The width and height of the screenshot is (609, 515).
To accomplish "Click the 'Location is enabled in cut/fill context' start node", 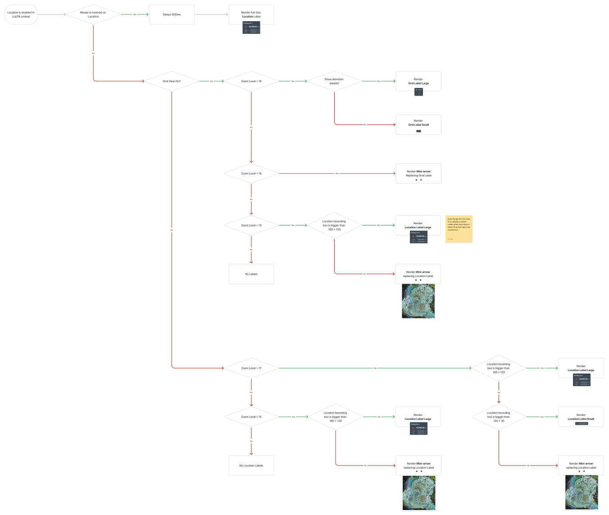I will [x=21, y=14].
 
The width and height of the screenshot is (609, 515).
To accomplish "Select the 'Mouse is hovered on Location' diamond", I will [x=93, y=14].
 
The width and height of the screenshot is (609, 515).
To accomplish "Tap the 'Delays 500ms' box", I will [x=172, y=14].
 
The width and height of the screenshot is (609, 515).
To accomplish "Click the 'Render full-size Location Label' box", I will [x=251, y=14].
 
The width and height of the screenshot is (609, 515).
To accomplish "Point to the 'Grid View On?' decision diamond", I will [x=172, y=81].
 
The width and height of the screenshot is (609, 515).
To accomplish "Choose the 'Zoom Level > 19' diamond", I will [x=251, y=81].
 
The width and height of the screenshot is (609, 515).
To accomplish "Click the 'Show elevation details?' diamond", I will [x=334, y=81].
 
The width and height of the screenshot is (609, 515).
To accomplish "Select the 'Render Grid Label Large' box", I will [x=418, y=81].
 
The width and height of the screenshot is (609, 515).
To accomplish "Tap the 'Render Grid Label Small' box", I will [x=418, y=124].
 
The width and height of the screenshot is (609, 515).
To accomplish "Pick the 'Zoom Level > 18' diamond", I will [x=251, y=173].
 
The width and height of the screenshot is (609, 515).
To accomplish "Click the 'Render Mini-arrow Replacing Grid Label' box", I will [x=418, y=173].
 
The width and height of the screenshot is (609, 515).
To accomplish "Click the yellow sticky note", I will [x=459, y=229].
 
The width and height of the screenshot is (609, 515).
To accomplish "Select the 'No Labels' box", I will [x=251, y=274].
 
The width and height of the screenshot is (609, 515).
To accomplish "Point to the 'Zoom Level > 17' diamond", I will [x=251, y=368].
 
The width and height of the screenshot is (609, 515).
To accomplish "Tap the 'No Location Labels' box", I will [x=251, y=465].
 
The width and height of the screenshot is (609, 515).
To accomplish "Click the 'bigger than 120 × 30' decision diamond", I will [x=499, y=417].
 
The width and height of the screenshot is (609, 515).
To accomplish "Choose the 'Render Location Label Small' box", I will [x=581, y=417].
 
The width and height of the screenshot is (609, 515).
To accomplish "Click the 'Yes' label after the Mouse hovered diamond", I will [x=135, y=14].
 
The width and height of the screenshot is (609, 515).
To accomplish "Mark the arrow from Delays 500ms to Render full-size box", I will [x=212, y=14].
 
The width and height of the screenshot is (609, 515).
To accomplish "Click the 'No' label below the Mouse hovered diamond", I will [x=93, y=53].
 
